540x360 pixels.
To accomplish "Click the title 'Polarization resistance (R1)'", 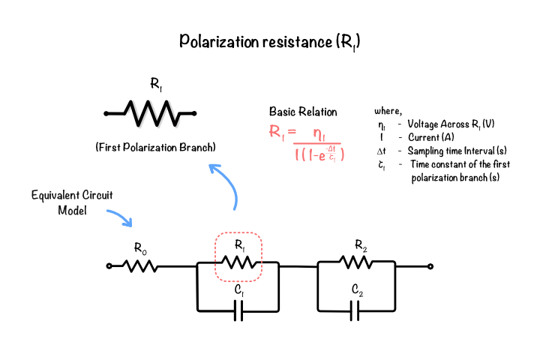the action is click(x=270, y=42).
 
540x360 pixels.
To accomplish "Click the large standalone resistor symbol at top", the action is click(x=150, y=113).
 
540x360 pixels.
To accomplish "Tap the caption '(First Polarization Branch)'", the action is click(x=156, y=148).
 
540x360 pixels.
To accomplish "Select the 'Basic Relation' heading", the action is click(x=303, y=112).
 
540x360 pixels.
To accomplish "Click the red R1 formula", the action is click(x=307, y=142).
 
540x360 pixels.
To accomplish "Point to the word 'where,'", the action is click(x=388, y=111).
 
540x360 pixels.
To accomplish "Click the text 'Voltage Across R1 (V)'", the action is click(x=451, y=124).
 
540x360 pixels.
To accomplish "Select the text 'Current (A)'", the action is click(x=431, y=137).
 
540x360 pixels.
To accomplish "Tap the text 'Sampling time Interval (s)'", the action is click(x=457, y=151).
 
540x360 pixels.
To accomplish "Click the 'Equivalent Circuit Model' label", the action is click(x=72, y=202).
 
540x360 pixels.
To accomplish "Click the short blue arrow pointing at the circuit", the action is click(x=119, y=217).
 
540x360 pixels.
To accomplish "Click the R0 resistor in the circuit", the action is click(x=140, y=266).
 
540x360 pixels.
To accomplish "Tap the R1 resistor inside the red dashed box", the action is click(x=238, y=262).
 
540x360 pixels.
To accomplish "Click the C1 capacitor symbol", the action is click(x=238, y=310).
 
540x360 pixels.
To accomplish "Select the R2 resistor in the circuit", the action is click(x=356, y=262).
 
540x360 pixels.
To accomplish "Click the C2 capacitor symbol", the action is click(x=355, y=310).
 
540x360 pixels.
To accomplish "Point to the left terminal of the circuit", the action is click(x=109, y=266).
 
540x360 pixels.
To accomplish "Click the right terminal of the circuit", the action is click(x=430, y=266).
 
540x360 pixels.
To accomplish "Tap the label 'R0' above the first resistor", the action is click(x=140, y=248).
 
